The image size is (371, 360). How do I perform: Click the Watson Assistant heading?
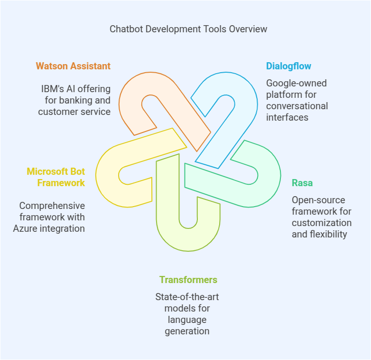pyautogui.click(x=73, y=66)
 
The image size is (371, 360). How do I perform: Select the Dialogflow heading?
pyautogui.click(x=288, y=66)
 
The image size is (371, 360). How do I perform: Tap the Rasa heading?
pyautogui.click(x=302, y=183)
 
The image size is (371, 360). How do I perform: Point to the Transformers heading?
pyautogui.click(x=188, y=280)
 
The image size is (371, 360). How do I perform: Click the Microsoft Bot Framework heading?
pyautogui.click(x=56, y=177)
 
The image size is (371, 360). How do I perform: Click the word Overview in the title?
pyautogui.click(x=248, y=29)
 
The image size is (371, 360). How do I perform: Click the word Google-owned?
pyautogui.click(x=296, y=83)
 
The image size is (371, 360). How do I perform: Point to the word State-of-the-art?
pyautogui.click(x=187, y=297)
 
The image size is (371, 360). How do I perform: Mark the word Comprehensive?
pyautogui.click(x=52, y=206)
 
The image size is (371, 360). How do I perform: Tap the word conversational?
pyautogui.click(x=297, y=106)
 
